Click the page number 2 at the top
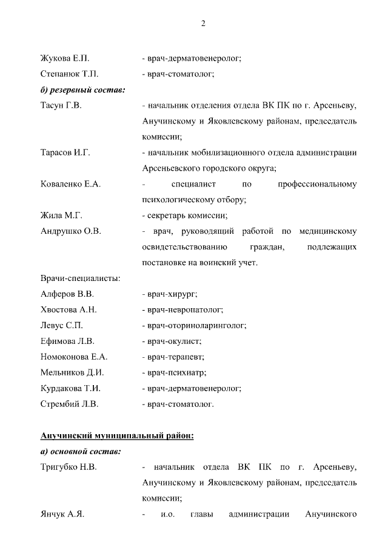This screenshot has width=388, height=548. [x=203, y=24]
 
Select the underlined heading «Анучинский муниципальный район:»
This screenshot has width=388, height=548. [x=117, y=436]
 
